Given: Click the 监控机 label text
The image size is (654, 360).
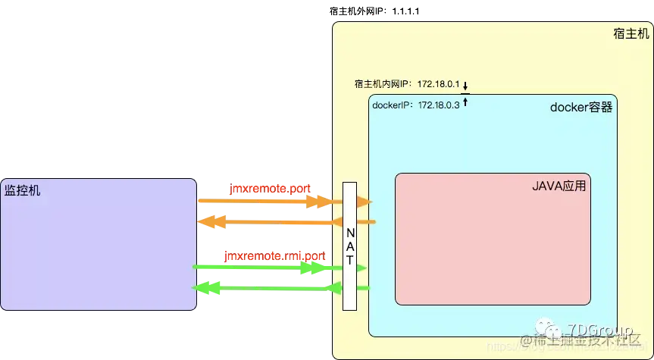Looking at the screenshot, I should [x=23, y=189].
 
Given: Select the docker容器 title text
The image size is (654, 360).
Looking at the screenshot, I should [x=580, y=108].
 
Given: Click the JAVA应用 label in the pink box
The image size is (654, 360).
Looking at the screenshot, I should [x=560, y=185].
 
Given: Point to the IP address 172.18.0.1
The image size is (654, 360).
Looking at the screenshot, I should [x=437, y=84].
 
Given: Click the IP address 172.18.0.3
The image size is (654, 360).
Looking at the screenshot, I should [x=437, y=105].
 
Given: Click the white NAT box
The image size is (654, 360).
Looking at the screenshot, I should [x=349, y=246].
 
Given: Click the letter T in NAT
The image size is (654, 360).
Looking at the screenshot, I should [x=349, y=259].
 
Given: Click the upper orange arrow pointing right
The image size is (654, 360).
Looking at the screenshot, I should [x=265, y=202].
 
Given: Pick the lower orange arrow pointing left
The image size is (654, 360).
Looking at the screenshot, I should [x=265, y=222].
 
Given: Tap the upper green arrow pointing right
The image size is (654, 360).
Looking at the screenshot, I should [x=265, y=268].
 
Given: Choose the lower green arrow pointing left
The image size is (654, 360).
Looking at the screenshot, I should [x=265, y=288].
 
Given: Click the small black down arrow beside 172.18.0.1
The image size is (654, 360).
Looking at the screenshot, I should [x=466, y=85].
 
